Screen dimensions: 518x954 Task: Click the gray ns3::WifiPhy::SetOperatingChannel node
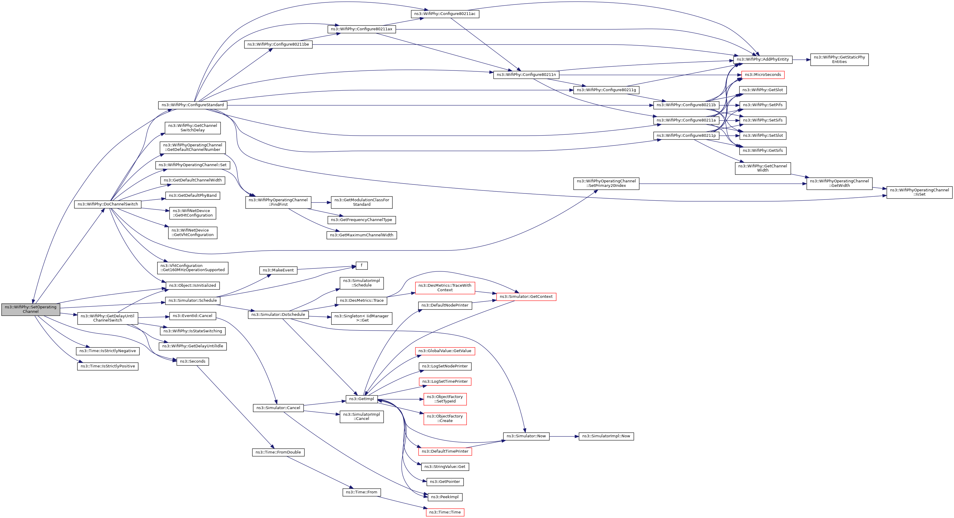[31, 309]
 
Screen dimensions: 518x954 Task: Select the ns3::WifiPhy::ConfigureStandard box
[193, 105]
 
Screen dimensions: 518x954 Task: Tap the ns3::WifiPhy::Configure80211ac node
[445, 14]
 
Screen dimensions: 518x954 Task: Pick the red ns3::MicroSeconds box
[763, 75]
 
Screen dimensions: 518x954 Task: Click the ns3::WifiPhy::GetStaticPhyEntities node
[839, 60]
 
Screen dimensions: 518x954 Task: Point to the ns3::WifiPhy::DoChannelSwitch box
[108, 204]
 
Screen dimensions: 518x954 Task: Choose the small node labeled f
[361, 265]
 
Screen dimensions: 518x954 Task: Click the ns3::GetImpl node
[361, 399]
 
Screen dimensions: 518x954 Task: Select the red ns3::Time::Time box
[445, 512]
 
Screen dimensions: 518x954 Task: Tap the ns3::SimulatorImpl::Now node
[606, 436]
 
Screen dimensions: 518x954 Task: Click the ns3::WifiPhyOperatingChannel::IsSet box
[919, 192]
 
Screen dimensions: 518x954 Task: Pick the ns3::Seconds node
[193, 361]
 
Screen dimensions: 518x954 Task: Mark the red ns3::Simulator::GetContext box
[526, 297]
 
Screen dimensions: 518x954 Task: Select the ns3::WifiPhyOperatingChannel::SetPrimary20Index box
[606, 183]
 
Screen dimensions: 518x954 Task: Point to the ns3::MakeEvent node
[278, 270]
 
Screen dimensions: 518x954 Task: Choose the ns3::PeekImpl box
[445, 497]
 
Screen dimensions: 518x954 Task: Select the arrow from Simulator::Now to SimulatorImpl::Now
[564, 436]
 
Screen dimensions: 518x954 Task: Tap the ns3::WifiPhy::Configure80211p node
[686, 136]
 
